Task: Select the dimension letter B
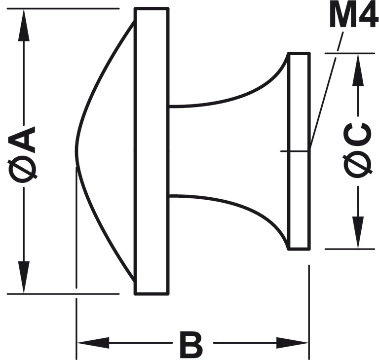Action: [x=191, y=344]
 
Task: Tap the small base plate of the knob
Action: [x=299, y=197]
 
